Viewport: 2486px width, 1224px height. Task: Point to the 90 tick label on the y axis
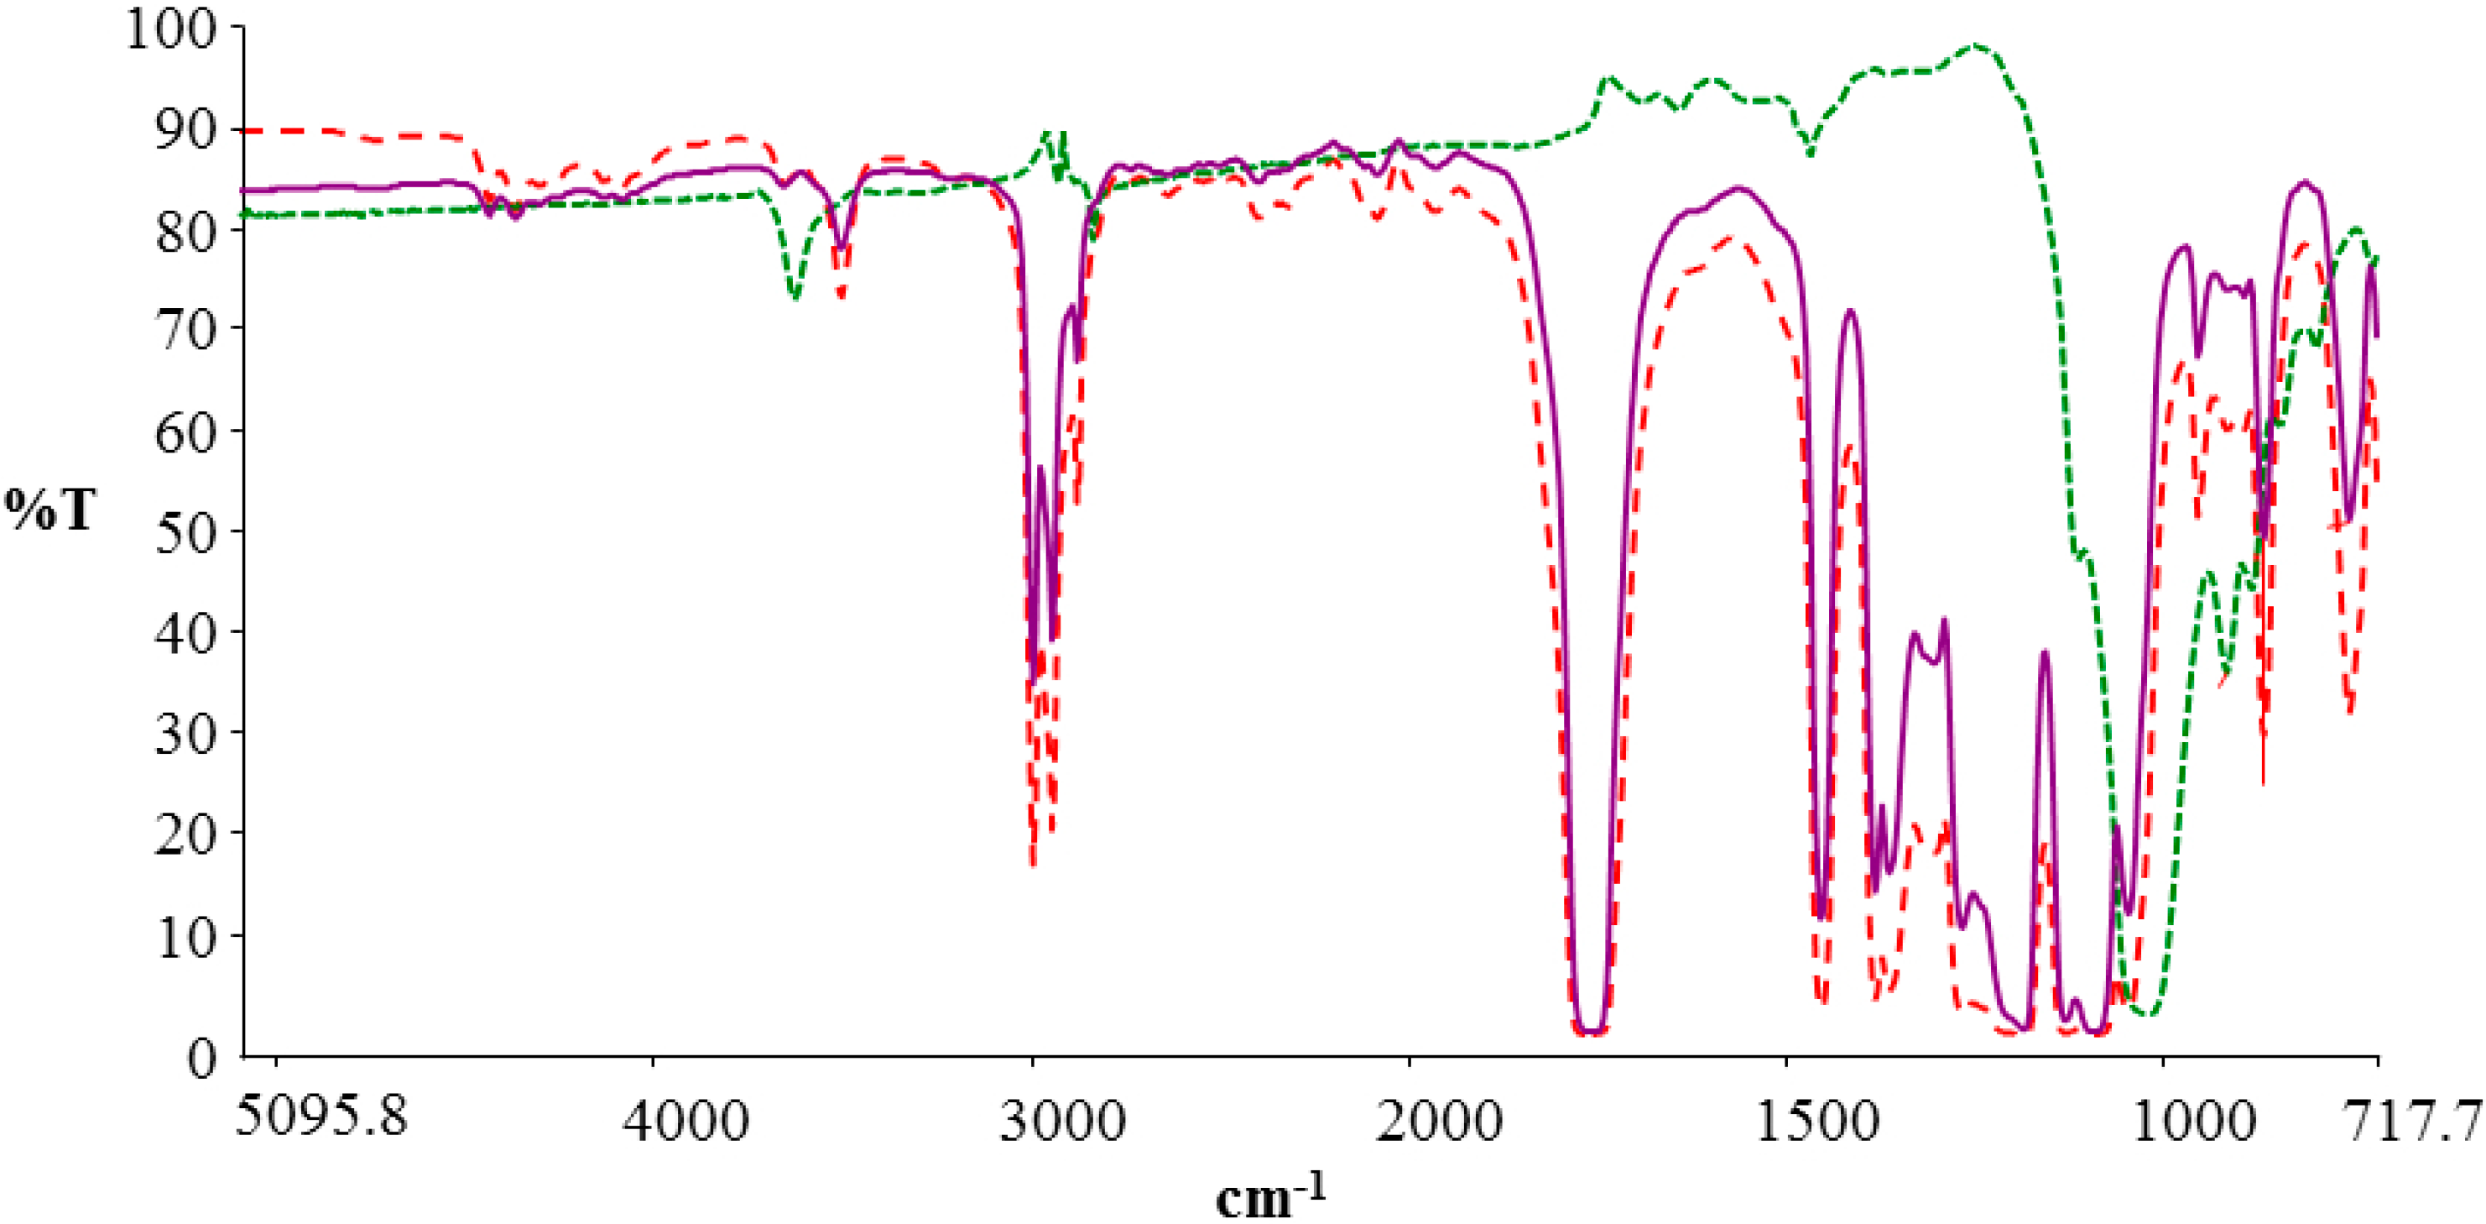coord(186,129)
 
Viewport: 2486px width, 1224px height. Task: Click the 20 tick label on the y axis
coord(186,833)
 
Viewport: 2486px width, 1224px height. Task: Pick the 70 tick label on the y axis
coord(186,329)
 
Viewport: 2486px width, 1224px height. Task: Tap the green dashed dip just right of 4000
coord(795,296)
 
